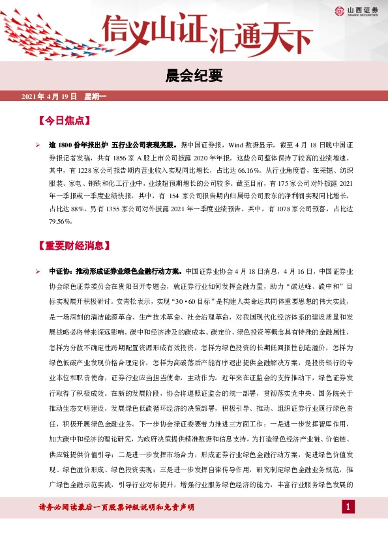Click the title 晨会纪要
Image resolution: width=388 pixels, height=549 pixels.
click(194, 76)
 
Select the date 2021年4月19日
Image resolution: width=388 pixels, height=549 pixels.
click(50, 96)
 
